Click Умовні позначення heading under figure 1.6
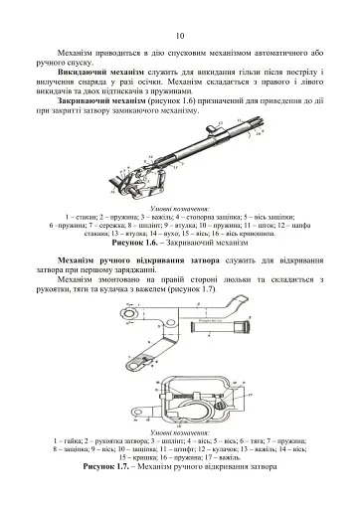[180, 209]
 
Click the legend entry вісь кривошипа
[281, 233]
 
